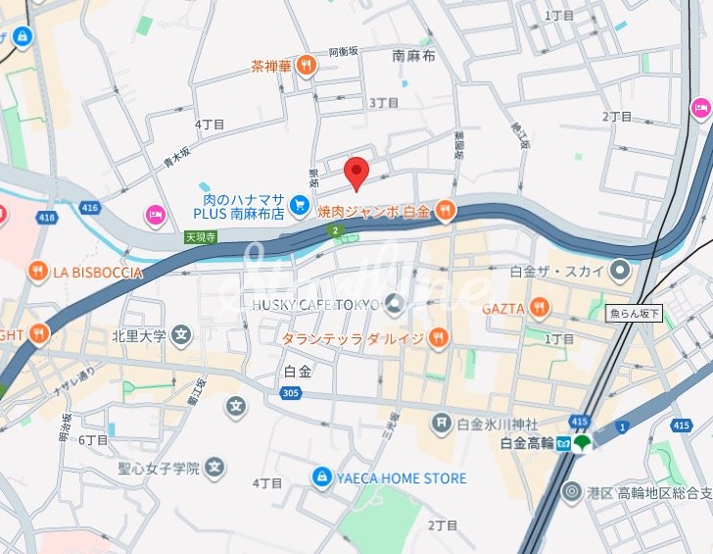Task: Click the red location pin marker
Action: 357,173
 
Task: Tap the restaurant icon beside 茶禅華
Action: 307,66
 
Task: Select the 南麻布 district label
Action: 413,57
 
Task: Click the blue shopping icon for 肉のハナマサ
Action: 300,205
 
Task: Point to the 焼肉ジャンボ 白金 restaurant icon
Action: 445,210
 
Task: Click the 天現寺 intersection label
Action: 199,236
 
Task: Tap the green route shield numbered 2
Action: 337,230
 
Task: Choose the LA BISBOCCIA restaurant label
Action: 98,272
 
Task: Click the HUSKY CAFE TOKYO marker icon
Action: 394,303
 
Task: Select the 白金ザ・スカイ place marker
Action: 619,270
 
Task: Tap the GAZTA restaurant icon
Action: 538,309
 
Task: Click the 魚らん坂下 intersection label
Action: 635,314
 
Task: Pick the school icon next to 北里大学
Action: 180,336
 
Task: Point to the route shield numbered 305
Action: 288,393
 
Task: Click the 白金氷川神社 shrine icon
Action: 442,423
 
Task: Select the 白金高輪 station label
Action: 526,443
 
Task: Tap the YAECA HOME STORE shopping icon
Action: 320,478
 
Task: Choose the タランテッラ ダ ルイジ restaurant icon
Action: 437,338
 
